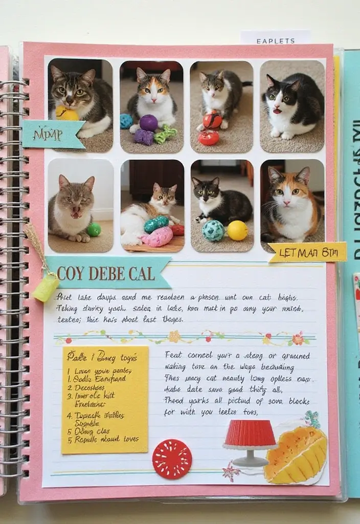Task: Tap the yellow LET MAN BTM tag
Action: pyautogui.click(x=307, y=252)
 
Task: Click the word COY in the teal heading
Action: pyautogui.click(x=70, y=273)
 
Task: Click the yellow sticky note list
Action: pyautogui.click(x=105, y=399)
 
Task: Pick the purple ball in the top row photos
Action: pyautogui.click(x=148, y=123)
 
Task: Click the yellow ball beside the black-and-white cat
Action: pyautogui.click(x=237, y=230)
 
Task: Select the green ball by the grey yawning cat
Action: pyautogui.click(x=94, y=230)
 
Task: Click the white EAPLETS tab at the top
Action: pyautogui.click(x=275, y=39)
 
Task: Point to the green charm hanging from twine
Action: pyautogui.click(x=45, y=288)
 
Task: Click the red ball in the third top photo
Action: pyautogui.click(x=212, y=121)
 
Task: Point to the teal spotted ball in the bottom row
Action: pyautogui.click(x=213, y=231)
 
